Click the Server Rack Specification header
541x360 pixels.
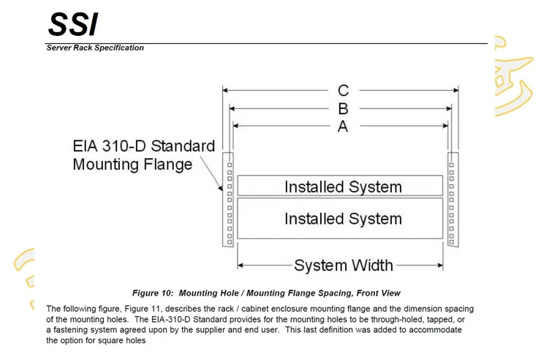(95, 48)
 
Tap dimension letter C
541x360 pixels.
(343, 91)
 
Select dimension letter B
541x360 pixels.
(343, 109)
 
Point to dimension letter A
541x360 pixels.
(343, 127)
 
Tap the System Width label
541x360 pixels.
(343, 265)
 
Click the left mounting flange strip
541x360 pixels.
(228, 199)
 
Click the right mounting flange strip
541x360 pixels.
(453, 199)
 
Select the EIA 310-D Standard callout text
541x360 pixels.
(144, 146)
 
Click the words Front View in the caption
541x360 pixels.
(376, 293)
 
